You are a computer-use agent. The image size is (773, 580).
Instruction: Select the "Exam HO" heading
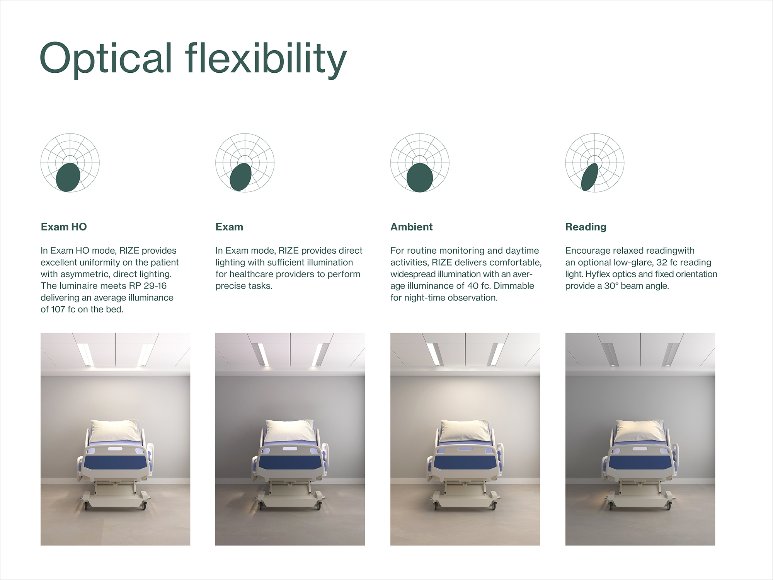(x=64, y=227)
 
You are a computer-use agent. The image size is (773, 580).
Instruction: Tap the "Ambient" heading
(x=411, y=227)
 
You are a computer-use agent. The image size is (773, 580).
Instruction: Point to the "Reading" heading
(x=586, y=227)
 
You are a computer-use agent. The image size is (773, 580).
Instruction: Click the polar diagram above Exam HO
(x=70, y=163)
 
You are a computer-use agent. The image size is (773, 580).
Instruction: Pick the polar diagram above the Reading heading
(x=594, y=163)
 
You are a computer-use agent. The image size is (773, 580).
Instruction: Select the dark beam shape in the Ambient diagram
(x=420, y=177)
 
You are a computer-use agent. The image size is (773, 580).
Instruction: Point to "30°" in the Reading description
(x=611, y=286)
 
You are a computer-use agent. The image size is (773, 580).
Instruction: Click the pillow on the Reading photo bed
(x=639, y=430)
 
